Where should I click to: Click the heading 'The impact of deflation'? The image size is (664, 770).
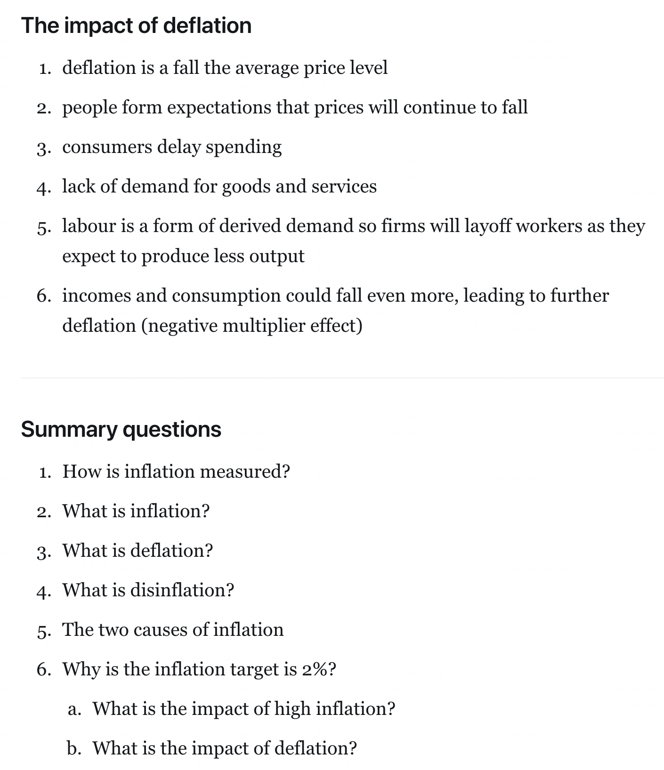136,25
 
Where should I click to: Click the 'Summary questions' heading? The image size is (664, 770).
121,429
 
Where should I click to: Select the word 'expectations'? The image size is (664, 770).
219,108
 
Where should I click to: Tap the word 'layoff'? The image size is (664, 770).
488,226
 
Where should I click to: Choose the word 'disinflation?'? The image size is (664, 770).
182,590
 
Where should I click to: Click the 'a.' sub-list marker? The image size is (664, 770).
74,709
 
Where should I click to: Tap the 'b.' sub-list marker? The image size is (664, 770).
74,748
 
